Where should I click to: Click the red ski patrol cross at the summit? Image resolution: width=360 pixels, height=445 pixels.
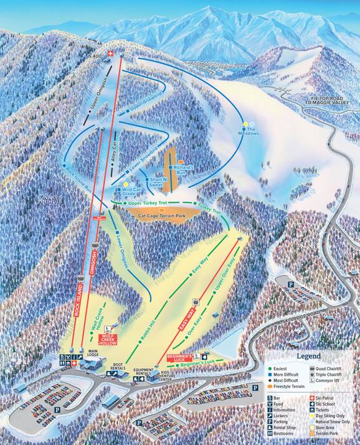[111, 55]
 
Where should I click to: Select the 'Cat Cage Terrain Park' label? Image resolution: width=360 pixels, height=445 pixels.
[163, 215]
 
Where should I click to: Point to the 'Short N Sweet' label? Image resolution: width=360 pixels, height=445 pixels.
[156, 182]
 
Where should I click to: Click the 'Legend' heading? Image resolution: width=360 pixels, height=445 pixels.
[308, 357]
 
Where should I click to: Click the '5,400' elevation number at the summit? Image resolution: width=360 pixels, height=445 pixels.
[95, 57]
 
